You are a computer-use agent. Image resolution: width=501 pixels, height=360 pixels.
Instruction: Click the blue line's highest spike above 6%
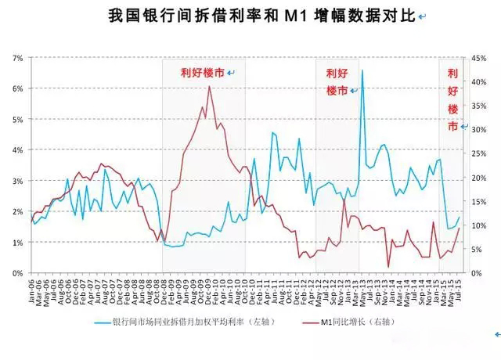coord(362,71)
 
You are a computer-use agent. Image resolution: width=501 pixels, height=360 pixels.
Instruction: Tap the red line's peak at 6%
coord(209,87)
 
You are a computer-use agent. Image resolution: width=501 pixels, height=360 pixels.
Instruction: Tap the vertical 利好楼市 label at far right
coord(452,99)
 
